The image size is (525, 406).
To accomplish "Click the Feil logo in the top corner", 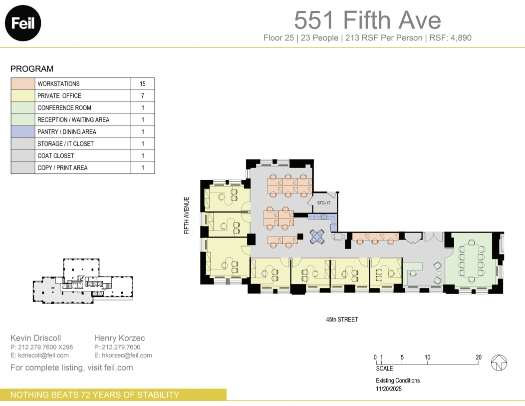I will click(22, 23).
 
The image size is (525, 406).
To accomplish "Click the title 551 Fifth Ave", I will click(367, 20).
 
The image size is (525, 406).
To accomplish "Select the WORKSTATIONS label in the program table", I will click(58, 84).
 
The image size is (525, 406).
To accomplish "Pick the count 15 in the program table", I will click(142, 84).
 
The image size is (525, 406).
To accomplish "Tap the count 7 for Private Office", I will click(142, 96).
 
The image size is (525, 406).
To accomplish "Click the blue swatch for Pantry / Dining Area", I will click(23, 132).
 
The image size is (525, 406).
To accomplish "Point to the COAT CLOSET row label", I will click(55, 156).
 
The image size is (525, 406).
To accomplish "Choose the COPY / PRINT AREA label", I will click(62, 168).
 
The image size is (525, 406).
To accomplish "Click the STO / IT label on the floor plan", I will click(324, 203).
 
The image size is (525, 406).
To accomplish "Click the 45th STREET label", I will click(341, 319).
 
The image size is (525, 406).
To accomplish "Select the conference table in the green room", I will click(472, 260).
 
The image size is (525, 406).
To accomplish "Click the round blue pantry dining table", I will click(317, 236).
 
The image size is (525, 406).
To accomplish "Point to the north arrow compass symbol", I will click(499, 362).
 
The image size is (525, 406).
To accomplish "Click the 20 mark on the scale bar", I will click(479, 357).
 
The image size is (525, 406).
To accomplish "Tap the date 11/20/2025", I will click(389, 388).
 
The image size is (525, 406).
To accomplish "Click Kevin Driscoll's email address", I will click(40, 355).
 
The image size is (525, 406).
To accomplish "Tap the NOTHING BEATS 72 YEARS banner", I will click(95, 395).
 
